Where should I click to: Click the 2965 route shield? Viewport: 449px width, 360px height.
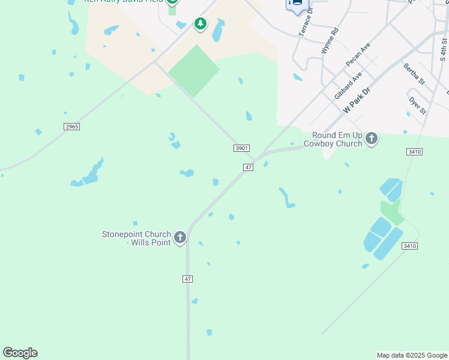coord(71,127)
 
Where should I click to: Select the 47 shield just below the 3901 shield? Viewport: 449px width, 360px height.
coord(248,167)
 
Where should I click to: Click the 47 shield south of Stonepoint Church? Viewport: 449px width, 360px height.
coord(188,279)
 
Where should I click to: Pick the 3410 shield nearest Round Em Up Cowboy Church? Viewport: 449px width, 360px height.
coord(415,152)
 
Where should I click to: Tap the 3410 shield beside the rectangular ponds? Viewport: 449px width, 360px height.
coord(410,246)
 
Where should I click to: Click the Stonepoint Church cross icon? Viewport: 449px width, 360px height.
coord(179,238)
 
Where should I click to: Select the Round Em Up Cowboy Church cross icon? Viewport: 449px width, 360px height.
coord(372,139)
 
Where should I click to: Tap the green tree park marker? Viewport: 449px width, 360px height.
coord(200,24)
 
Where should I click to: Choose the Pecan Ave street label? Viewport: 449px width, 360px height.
coord(358,55)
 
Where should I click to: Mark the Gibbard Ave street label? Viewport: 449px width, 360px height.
coord(348,86)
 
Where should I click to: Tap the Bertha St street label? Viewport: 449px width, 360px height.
coord(414,74)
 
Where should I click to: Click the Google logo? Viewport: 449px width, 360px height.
coord(20,353)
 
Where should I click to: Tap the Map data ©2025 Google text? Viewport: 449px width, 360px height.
coord(412,355)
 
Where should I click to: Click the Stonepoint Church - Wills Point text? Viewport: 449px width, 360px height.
coord(137,238)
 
